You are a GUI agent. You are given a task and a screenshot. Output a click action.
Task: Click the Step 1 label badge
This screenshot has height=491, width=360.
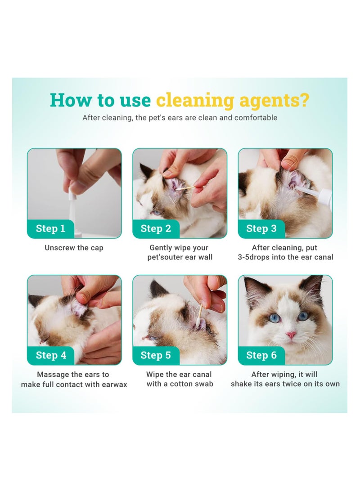pyautogui.click(x=50, y=228)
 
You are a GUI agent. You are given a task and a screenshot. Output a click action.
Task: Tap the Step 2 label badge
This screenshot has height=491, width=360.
pyautogui.click(x=156, y=228)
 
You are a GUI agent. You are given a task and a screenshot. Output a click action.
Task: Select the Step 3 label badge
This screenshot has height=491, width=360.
pyautogui.click(x=261, y=228)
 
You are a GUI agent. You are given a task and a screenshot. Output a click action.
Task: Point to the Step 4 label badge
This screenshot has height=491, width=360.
pyautogui.click(x=51, y=355)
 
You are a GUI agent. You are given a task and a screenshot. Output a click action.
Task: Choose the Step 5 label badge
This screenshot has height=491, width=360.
pyautogui.click(x=156, y=355)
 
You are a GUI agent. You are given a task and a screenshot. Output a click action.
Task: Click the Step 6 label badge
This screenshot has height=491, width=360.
pyautogui.click(x=261, y=355)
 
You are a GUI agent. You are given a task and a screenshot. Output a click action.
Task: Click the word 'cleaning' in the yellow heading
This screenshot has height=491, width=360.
pyautogui.click(x=195, y=100)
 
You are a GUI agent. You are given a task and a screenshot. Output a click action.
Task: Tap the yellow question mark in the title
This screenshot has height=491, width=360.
pyautogui.click(x=304, y=100)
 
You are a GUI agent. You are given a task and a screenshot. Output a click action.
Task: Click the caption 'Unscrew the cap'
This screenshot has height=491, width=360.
pyautogui.click(x=74, y=248)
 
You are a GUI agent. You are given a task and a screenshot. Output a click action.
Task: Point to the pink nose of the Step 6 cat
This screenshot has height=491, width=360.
pyautogui.click(x=291, y=335)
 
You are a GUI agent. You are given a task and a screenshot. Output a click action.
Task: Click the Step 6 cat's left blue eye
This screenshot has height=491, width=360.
pyautogui.click(x=274, y=318)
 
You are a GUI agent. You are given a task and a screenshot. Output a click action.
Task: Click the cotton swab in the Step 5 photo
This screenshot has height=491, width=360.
pyautogui.click(x=198, y=315)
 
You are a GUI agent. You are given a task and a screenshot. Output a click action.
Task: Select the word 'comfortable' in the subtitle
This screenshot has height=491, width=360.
pyautogui.click(x=256, y=118)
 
